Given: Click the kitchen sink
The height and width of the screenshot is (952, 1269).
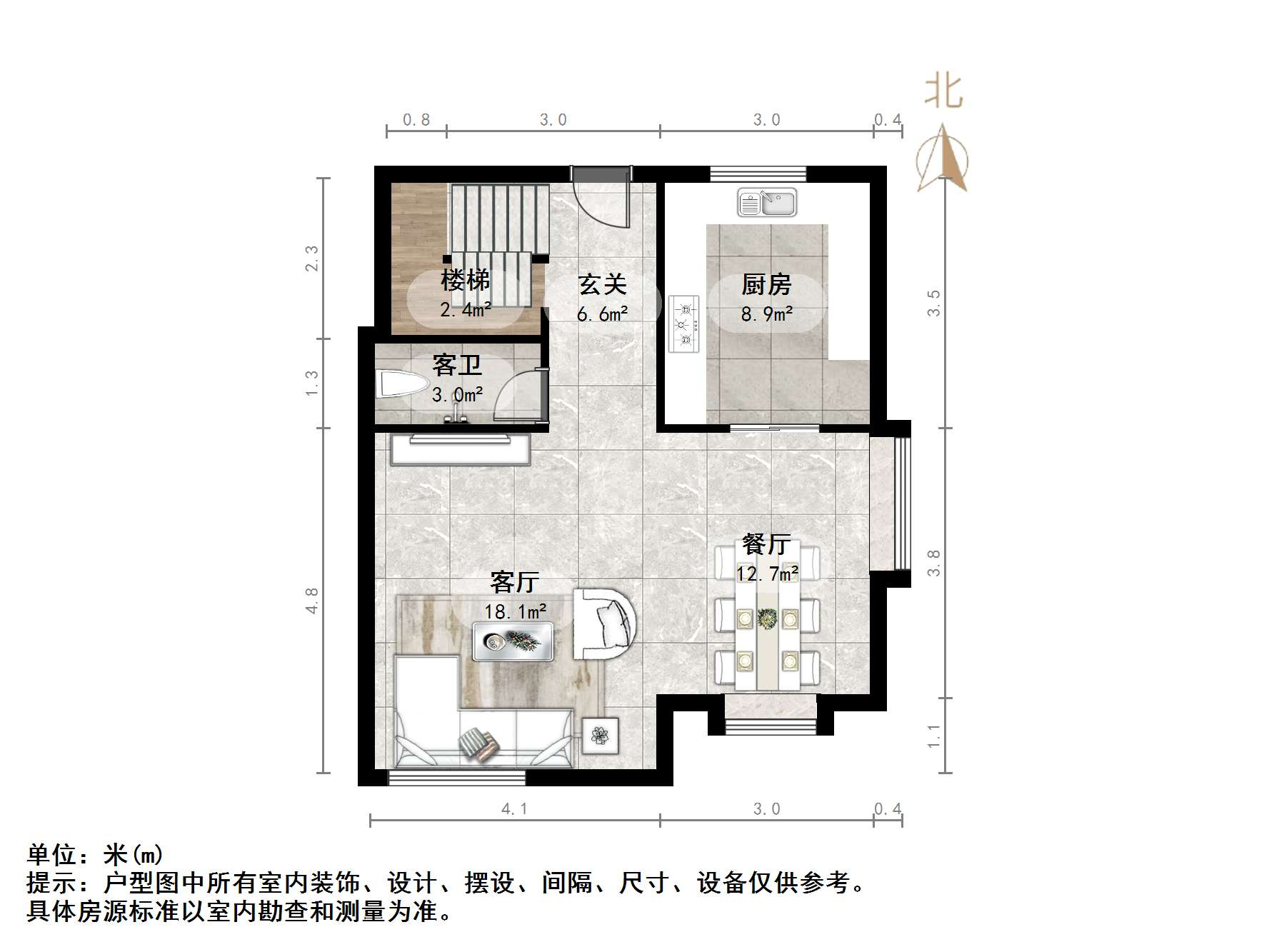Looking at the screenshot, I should (766, 203).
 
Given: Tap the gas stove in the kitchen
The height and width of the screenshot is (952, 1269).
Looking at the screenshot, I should (683, 324).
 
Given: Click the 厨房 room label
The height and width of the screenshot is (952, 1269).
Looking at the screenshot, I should (766, 285).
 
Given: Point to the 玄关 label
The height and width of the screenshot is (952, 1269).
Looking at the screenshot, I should (602, 285).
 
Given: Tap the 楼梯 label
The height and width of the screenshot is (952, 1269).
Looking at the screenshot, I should (465, 281).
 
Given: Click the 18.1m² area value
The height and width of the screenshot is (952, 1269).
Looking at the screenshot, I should (515, 612).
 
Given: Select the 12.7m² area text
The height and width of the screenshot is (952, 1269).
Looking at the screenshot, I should (767, 573).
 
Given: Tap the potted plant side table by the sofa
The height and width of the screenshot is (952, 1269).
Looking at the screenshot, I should (600, 735).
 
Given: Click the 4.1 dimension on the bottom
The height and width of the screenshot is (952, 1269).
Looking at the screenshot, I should (514, 809).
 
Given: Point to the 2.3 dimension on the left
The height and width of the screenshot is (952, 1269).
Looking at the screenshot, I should (312, 258).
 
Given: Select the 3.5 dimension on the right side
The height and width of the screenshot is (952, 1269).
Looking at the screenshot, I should (934, 303).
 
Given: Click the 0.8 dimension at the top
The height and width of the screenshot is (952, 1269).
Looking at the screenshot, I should (416, 120).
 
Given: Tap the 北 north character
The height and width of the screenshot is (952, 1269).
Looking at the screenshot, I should (943, 92).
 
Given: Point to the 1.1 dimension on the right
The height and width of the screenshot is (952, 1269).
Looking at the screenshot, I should (934, 736).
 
